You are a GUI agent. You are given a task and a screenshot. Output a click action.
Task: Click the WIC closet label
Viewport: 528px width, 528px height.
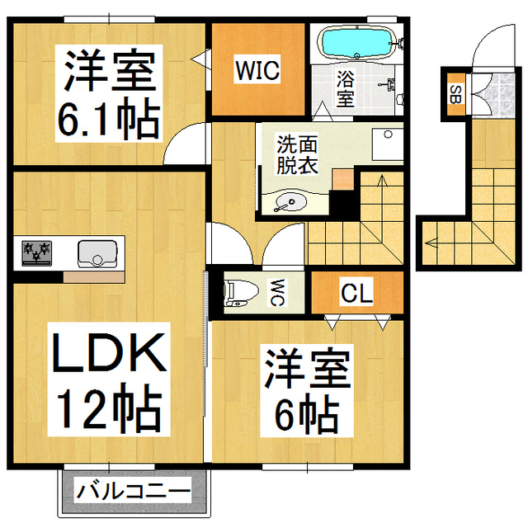click(x=257, y=69)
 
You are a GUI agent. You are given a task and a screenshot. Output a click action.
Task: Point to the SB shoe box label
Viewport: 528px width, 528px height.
click(x=455, y=92)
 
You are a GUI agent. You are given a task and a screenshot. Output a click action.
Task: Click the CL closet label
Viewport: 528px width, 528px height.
click(x=356, y=291)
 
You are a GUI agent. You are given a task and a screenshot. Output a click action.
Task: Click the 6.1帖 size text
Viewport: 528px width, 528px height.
click(x=107, y=120)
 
